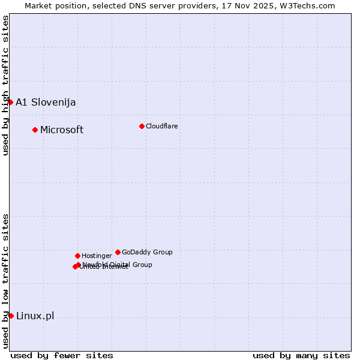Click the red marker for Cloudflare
coord(142,126)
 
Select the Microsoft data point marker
coord(35,130)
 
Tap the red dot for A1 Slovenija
coord(10,102)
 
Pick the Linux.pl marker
coord(11,316)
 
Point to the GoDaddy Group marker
coord(118,252)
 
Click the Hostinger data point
coord(77,256)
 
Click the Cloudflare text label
coord(161,126)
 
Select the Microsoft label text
coord(62,130)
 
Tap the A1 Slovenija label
coord(46,102)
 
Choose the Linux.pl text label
coord(35,316)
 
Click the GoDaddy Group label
coord(147,252)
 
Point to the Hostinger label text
coord(97,256)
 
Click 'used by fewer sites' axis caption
coord(62,355)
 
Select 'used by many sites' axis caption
coord(301,355)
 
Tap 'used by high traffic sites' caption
coord(5,85)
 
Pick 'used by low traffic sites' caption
coord(5,281)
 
